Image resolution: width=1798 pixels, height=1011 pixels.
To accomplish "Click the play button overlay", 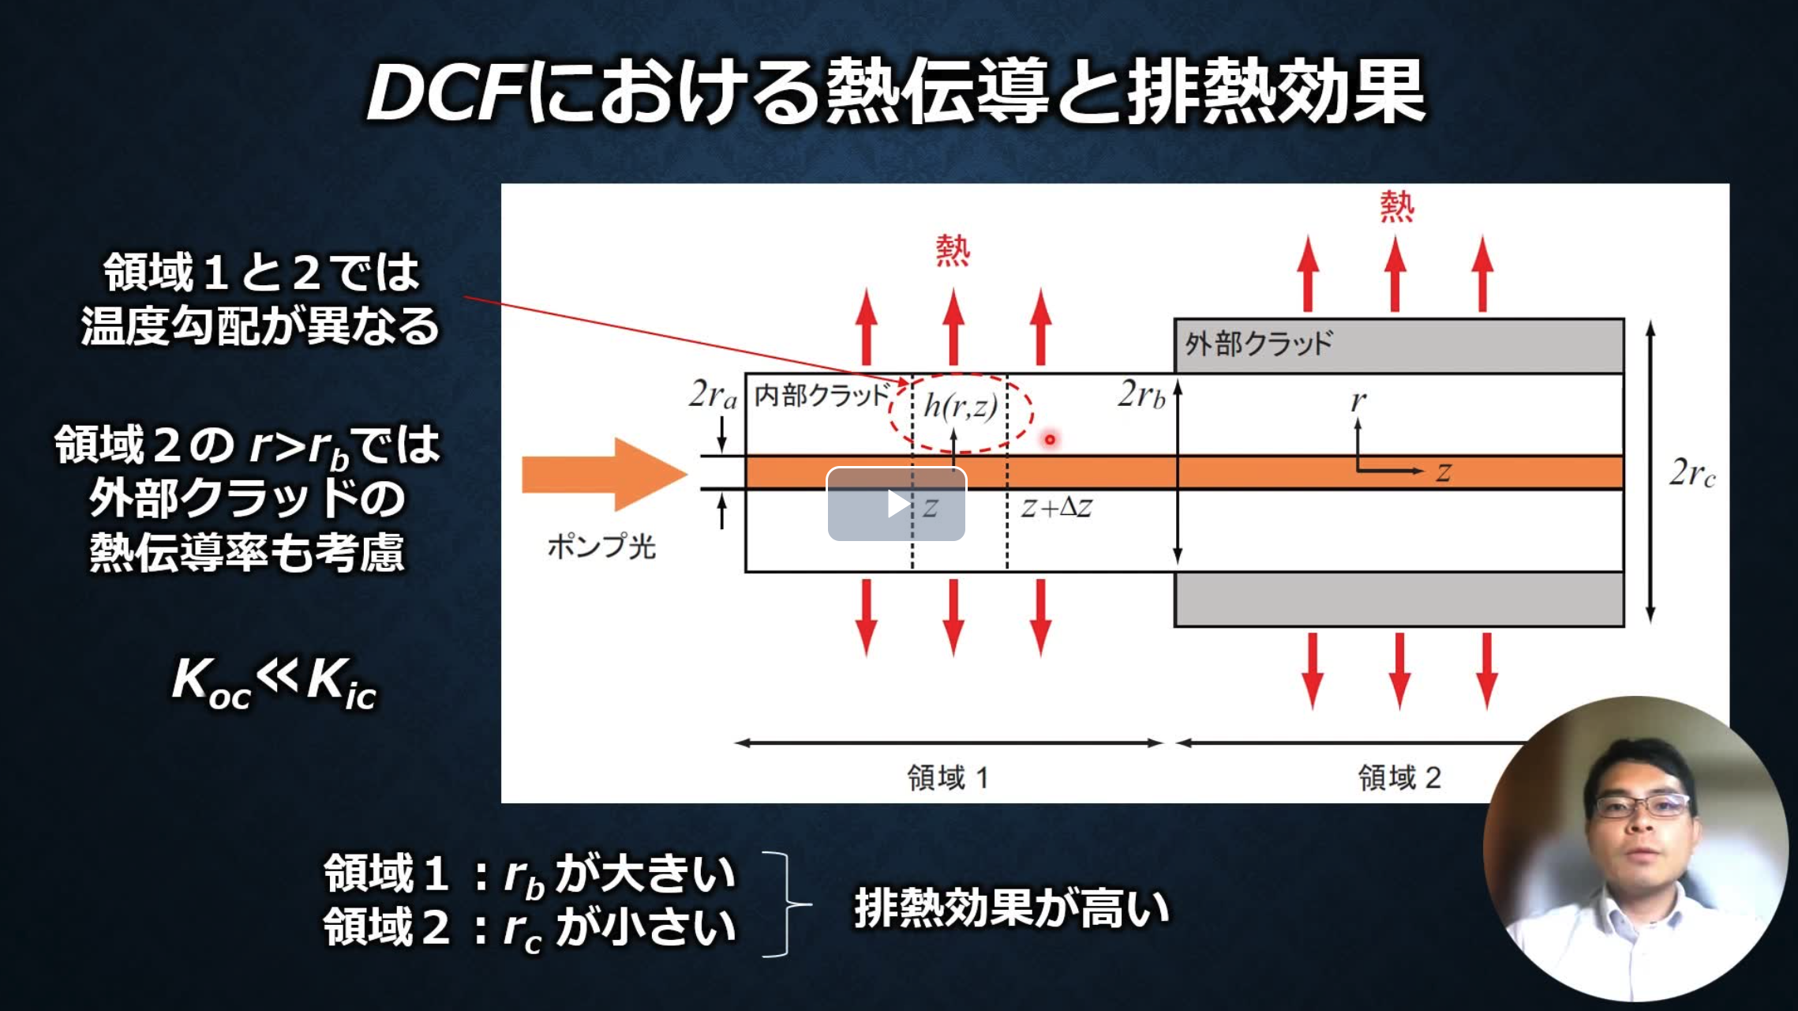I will tap(896, 504).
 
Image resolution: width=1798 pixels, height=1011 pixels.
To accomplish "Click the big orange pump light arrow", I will tap(604, 474).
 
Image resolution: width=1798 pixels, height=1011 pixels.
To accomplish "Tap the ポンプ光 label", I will tap(601, 547).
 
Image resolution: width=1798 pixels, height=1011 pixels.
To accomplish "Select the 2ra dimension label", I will tap(712, 394).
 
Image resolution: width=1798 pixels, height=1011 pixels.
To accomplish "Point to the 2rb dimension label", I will tap(1141, 394).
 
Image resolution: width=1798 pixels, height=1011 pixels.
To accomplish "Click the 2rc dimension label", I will tap(1691, 473).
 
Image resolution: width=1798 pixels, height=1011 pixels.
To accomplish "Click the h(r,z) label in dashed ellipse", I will tap(961, 407).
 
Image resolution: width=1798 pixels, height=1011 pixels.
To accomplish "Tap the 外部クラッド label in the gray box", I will tap(1258, 344).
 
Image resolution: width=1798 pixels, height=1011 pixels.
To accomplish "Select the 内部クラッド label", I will tap(822, 394).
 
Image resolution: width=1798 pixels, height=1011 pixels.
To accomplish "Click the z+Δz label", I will tap(1056, 508).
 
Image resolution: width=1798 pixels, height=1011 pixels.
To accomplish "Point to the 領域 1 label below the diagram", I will tap(947, 778).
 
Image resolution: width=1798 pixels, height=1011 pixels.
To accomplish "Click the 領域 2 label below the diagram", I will tap(1399, 778).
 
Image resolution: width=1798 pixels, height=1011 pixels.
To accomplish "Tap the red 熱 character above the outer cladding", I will tap(1396, 207).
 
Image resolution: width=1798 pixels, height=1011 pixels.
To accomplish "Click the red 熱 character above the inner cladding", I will tap(953, 251).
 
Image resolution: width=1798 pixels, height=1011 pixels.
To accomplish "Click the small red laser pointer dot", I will tap(1050, 439).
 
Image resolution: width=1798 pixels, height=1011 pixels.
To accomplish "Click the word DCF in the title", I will tap(446, 93).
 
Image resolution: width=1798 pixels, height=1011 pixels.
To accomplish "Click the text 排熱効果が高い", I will tap(1011, 908).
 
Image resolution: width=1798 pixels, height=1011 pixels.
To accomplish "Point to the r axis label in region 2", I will tap(1358, 401).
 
